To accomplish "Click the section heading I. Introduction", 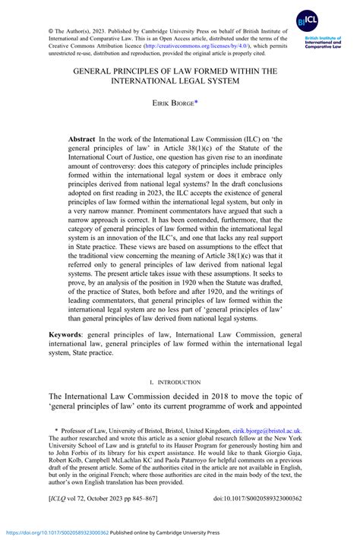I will pos(179,382).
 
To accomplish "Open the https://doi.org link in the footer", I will pos(55,532).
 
